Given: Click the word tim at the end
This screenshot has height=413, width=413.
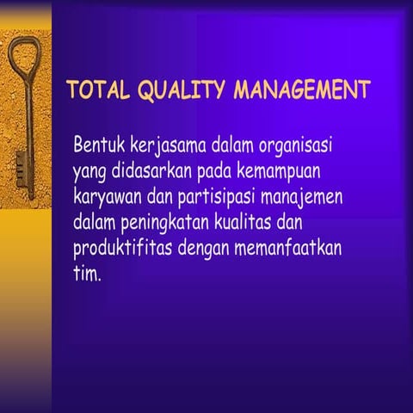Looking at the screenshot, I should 86,277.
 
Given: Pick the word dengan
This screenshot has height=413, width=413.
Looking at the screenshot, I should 205,251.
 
